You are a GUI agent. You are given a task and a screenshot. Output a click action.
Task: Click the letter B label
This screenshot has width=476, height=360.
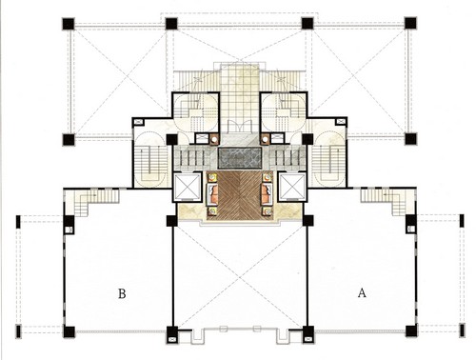[122, 293]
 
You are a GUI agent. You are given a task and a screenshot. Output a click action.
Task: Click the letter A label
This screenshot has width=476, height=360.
[362, 292]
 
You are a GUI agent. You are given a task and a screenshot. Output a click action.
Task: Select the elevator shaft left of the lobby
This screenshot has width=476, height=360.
[188, 188]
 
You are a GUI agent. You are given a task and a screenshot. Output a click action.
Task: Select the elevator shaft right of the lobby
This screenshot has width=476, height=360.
[292, 188]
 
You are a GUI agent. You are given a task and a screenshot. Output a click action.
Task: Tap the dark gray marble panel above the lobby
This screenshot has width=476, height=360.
[240, 158]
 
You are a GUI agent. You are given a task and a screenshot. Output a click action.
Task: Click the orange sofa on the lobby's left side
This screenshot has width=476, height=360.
[212, 194]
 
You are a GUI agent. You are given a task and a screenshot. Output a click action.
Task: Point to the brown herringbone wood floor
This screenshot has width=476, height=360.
[240, 195]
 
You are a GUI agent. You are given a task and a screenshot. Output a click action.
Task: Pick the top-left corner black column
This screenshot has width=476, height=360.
[69, 24]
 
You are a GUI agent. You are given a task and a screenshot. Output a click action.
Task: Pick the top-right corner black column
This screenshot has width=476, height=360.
[410, 23]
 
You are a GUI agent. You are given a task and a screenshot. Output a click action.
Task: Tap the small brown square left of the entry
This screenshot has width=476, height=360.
[214, 139]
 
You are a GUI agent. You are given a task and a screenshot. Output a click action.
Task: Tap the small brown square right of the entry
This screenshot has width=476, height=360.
[265, 139]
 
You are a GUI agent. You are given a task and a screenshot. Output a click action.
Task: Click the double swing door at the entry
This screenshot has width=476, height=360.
[240, 126]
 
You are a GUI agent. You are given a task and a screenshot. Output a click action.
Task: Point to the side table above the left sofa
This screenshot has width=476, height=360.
[212, 178]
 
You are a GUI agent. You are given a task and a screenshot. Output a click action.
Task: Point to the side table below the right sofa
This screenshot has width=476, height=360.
[268, 211]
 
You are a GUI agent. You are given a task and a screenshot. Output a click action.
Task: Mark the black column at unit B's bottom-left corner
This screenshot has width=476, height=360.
[69, 331]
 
